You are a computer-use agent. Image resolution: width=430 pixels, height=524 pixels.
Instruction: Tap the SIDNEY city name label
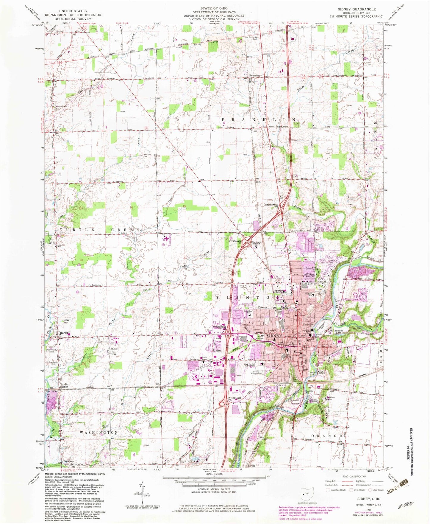pos(274,335)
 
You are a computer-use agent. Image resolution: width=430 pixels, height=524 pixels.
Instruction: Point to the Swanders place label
pos(254,76)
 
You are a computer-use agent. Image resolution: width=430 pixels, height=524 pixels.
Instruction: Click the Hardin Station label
pos(64,385)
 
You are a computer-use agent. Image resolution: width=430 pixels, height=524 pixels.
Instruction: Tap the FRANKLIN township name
pos(259,119)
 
